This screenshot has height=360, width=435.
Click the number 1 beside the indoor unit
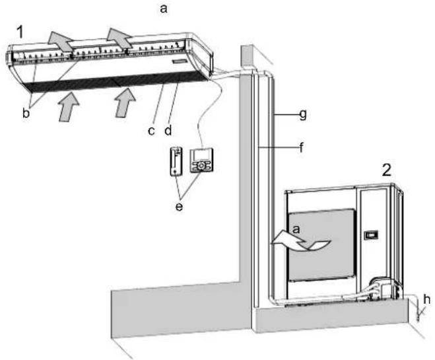[20, 32]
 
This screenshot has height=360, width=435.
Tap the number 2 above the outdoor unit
[387, 170]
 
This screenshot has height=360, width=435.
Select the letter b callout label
[26, 113]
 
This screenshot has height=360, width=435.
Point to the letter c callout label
[151, 131]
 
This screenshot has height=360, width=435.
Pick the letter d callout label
[168, 129]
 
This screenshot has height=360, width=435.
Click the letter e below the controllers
[179, 206]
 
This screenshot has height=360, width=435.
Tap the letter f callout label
[302, 147]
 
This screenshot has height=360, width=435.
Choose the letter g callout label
[303, 114]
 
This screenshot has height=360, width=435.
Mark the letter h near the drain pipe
[426, 299]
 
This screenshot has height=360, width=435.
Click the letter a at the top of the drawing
[164, 9]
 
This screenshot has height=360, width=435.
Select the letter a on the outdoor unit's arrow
[296, 229]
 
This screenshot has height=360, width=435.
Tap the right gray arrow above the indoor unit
[119, 38]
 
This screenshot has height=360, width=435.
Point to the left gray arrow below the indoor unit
[69, 107]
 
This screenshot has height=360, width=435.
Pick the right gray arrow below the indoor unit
[125, 102]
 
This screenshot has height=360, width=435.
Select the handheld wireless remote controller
[176, 161]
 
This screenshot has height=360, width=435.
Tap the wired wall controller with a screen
[202, 161]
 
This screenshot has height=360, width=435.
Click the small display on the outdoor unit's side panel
[371, 235]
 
